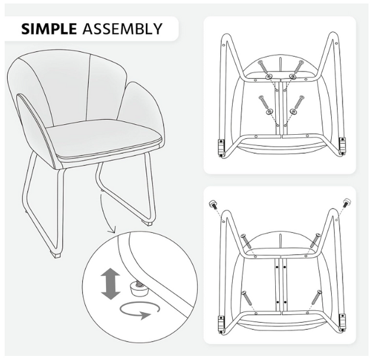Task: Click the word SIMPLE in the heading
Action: click(48, 29)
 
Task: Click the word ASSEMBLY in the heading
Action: click(122, 29)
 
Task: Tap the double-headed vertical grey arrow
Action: click(110, 283)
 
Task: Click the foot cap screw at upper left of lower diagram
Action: click(213, 205)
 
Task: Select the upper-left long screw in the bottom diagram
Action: click(245, 241)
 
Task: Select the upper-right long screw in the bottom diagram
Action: click(315, 241)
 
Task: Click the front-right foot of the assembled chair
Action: click(148, 223)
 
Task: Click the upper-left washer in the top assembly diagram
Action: click(269, 76)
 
